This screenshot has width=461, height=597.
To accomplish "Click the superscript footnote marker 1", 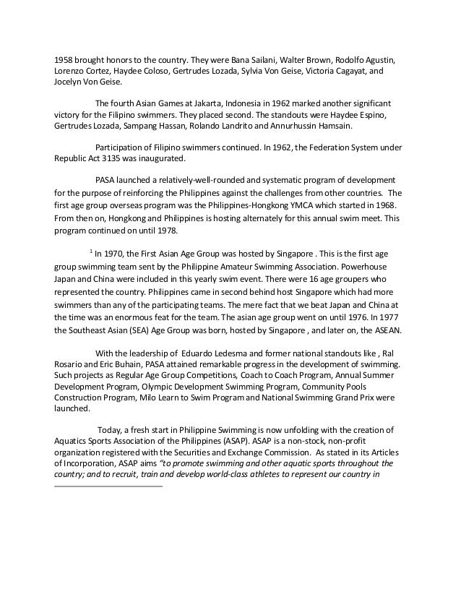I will pyautogui.click(x=90, y=252).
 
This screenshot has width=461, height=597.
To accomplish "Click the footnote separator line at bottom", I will pyautogui.click(x=109, y=485).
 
